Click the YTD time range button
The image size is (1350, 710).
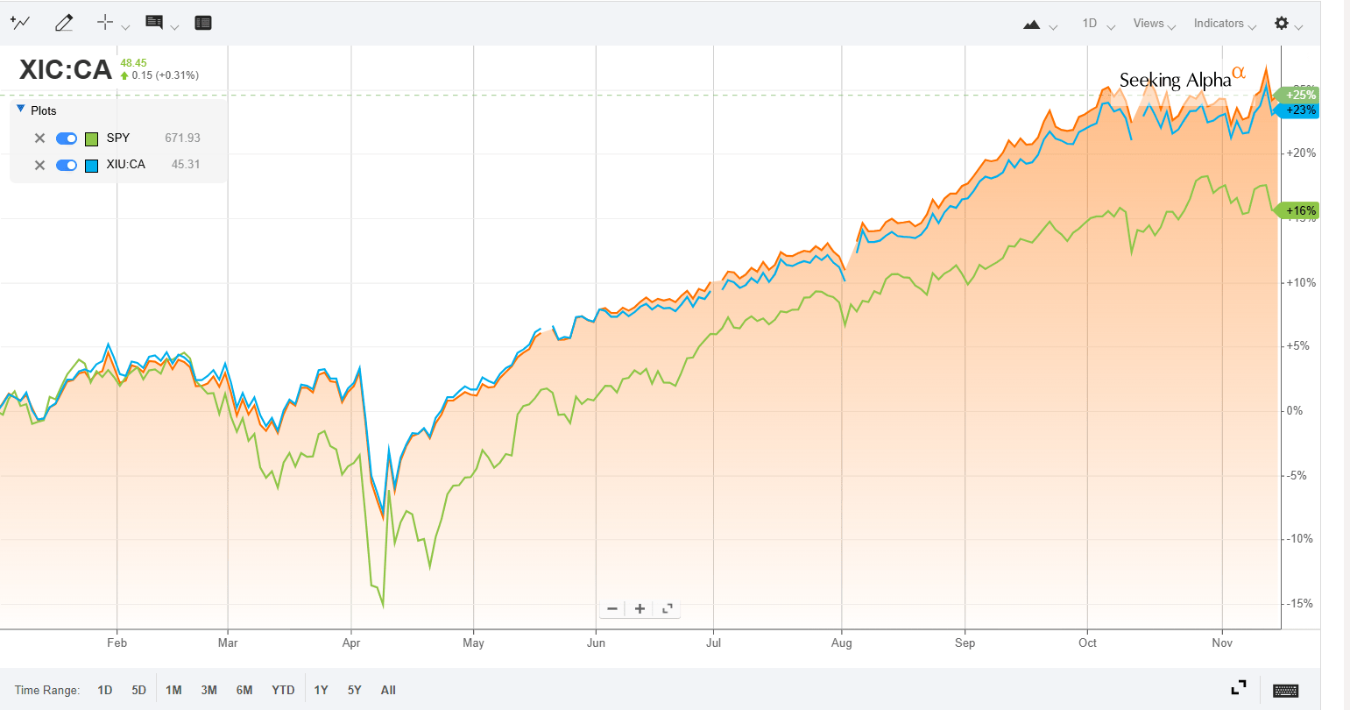tap(283, 690)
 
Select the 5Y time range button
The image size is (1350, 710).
tap(354, 690)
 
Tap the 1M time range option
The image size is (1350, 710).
tap(173, 690)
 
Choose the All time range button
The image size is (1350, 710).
tap(388, 690)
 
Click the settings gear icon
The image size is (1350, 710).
tap(1282, 23)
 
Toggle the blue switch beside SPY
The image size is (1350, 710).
tap(67, 138)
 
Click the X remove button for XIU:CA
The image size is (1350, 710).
tap(39, 165)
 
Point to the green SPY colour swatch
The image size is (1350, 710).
tap(91, 138)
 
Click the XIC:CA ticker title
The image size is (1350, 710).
tap(66, 70)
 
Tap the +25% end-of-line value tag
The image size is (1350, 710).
tap(1300, 95)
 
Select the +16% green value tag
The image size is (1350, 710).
tap(1300, 210)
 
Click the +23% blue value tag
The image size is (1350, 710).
tap(1300, 110)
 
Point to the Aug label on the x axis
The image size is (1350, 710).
tap(841, 643)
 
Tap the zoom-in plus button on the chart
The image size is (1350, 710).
tap(640, 608)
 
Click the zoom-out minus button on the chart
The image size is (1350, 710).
tap(612, 608)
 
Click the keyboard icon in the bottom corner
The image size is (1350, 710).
tap(1285, 690)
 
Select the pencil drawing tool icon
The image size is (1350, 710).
tap(64, 24)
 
